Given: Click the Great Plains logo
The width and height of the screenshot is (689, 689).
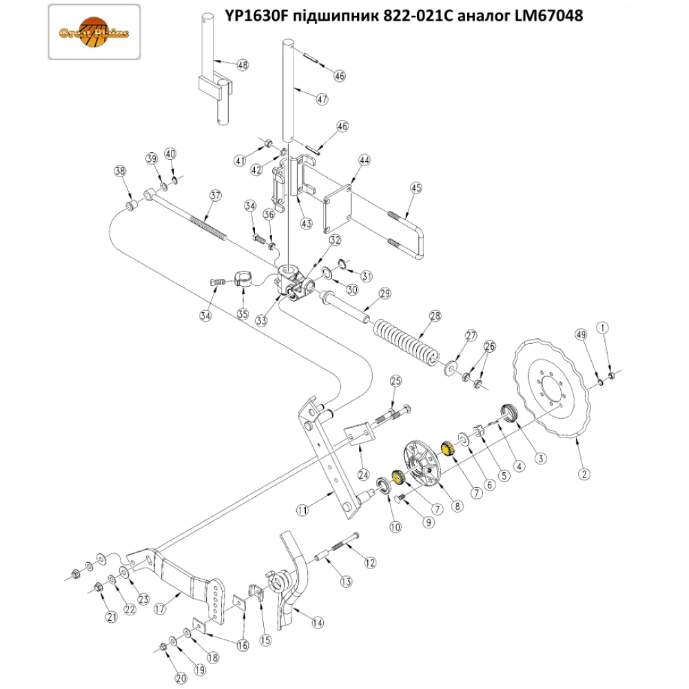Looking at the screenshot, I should pos(94,33).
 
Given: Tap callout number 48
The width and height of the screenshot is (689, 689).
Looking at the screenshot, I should pos(242,65).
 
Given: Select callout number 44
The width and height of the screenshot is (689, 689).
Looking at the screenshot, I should pos(364,160).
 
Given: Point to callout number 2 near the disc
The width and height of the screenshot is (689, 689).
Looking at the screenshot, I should pos(584,473).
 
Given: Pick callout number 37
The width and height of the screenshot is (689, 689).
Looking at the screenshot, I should pos(216,196).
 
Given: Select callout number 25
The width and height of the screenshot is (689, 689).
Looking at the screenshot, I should pos(395,381).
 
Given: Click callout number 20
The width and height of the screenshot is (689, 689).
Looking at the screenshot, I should pos(181,678).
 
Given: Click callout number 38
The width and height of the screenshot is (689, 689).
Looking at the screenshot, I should pos(121,170).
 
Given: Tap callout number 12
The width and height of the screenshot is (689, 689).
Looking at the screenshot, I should pos(371,563).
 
